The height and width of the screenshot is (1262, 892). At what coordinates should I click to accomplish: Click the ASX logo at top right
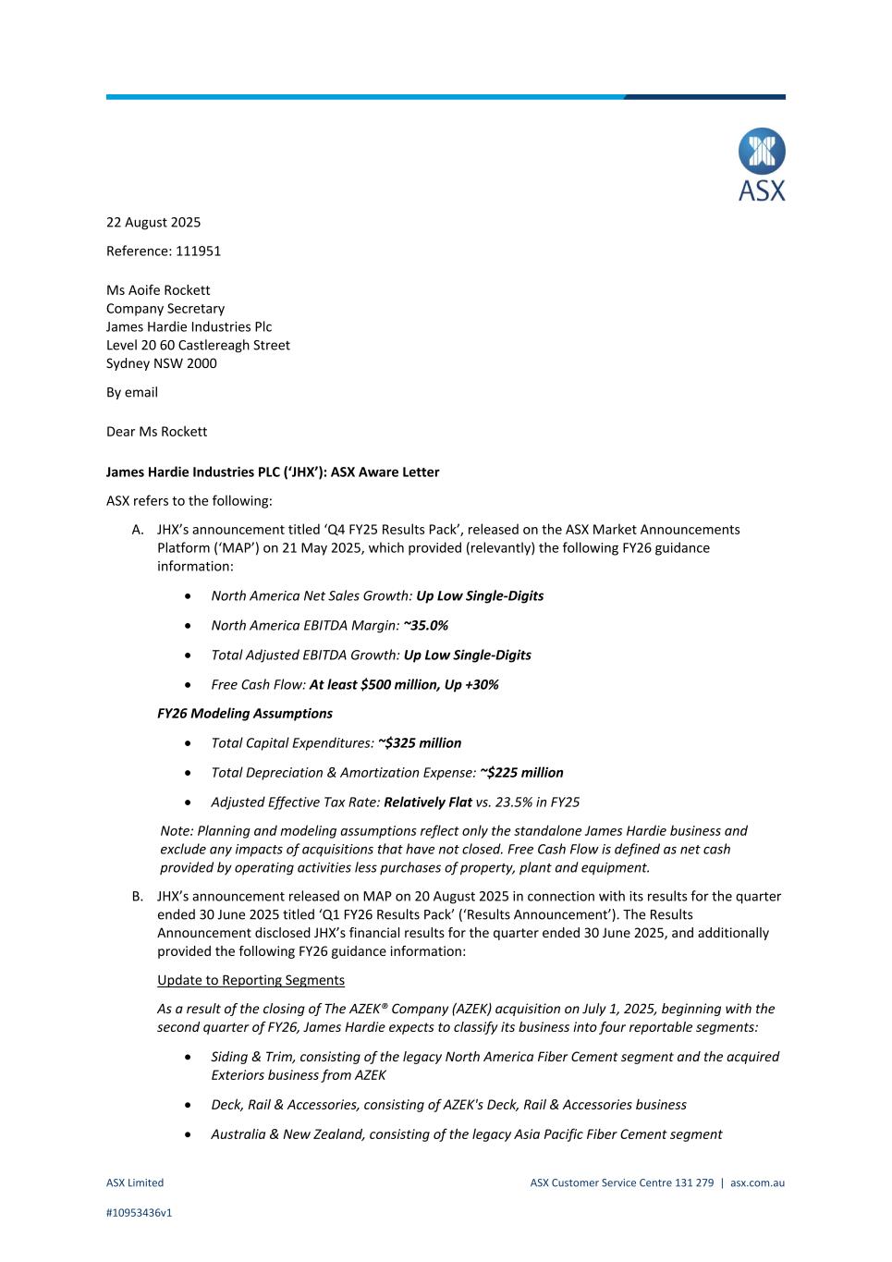[762, 165]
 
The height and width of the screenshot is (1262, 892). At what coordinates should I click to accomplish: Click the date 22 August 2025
[153, 222]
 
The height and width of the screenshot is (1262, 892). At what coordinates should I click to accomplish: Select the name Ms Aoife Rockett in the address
[158, 290]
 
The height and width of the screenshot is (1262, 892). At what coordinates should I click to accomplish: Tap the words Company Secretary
[165, 309]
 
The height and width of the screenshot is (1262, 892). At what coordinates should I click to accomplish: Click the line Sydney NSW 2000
[162, 363]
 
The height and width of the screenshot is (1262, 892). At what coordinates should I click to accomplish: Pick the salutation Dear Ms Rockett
[156, 432]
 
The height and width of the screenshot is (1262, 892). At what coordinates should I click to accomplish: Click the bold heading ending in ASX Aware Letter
[273, 472]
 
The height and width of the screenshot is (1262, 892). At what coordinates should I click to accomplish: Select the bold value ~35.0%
[426, 626]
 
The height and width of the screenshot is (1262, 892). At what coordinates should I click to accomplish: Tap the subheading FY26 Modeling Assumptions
[245, 714]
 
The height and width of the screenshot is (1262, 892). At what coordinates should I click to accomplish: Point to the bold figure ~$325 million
[420, 743]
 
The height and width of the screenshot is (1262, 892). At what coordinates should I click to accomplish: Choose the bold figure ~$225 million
[521, 773]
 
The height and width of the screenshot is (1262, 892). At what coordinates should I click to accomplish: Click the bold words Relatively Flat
[428, 803]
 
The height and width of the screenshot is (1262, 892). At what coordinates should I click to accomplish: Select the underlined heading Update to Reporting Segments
[250, 980]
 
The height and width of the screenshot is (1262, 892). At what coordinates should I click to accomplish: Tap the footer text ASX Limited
[135, 1182]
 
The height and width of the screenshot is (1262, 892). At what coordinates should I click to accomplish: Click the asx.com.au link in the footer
[757, 1182]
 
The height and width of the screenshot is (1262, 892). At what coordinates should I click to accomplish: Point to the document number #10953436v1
[139, 1213]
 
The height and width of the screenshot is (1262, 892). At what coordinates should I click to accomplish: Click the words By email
[132, 392]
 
